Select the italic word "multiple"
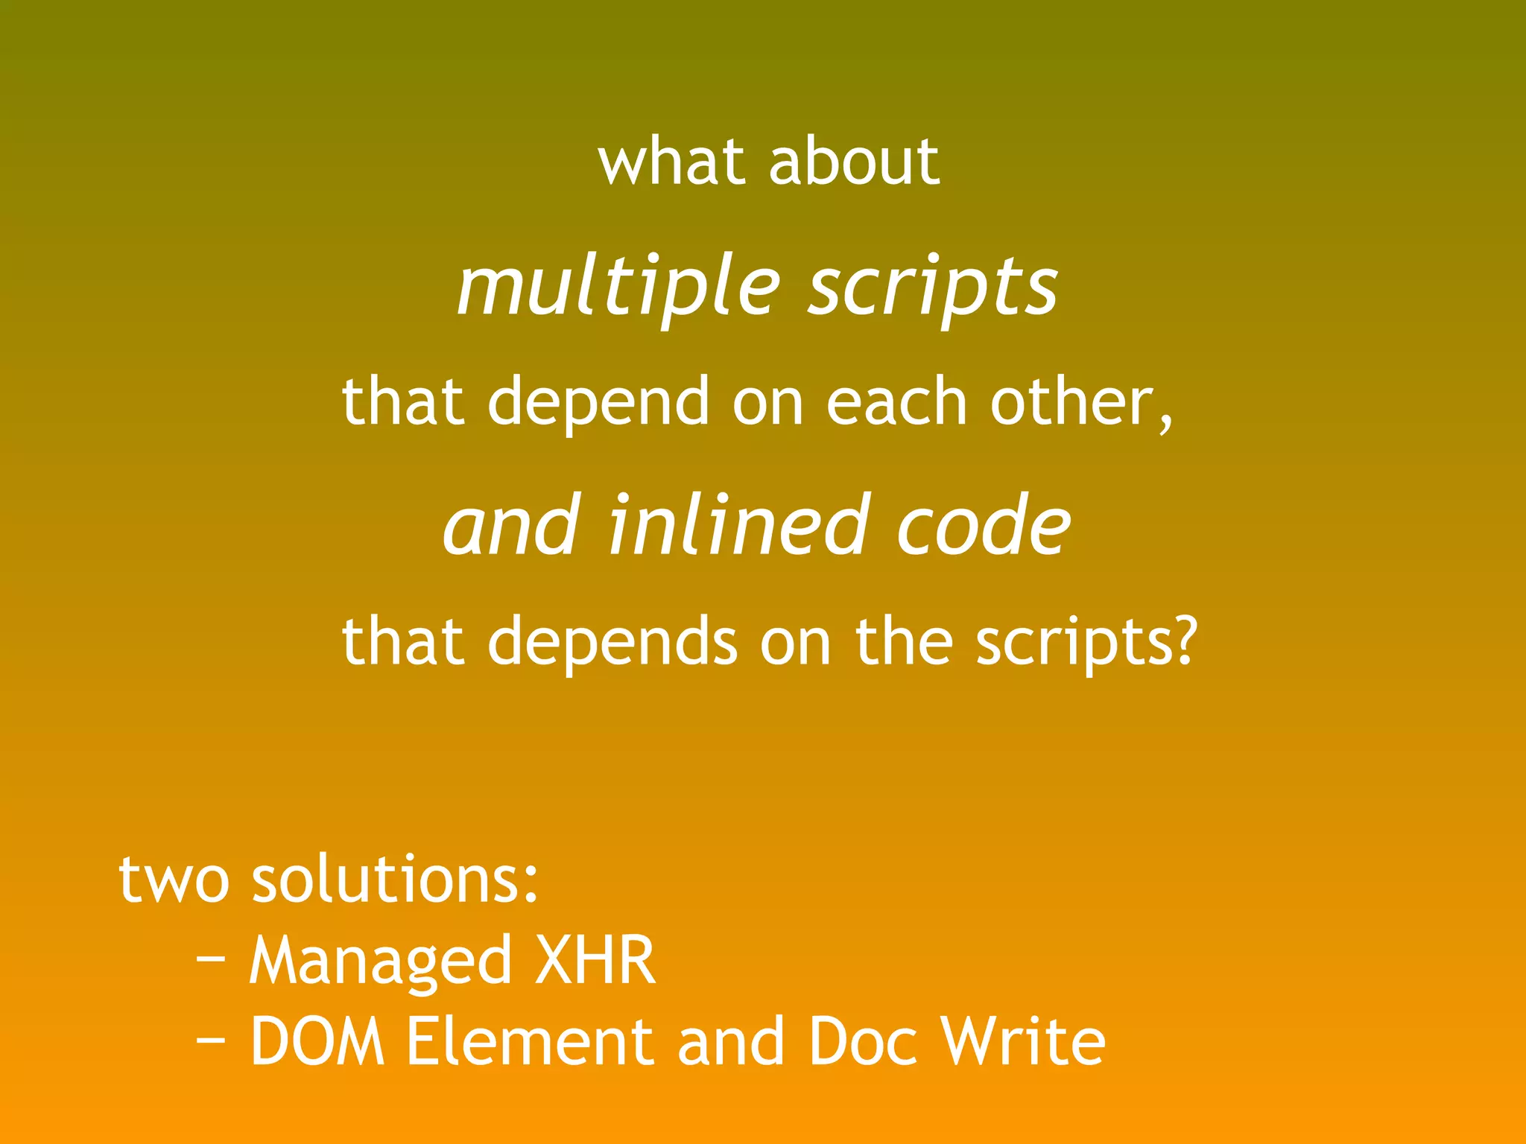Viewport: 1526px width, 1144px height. (618, 287)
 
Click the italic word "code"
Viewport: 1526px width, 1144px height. (984, 526)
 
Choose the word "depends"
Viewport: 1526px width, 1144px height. (612, 642)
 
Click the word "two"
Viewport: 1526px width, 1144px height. (174, 880)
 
